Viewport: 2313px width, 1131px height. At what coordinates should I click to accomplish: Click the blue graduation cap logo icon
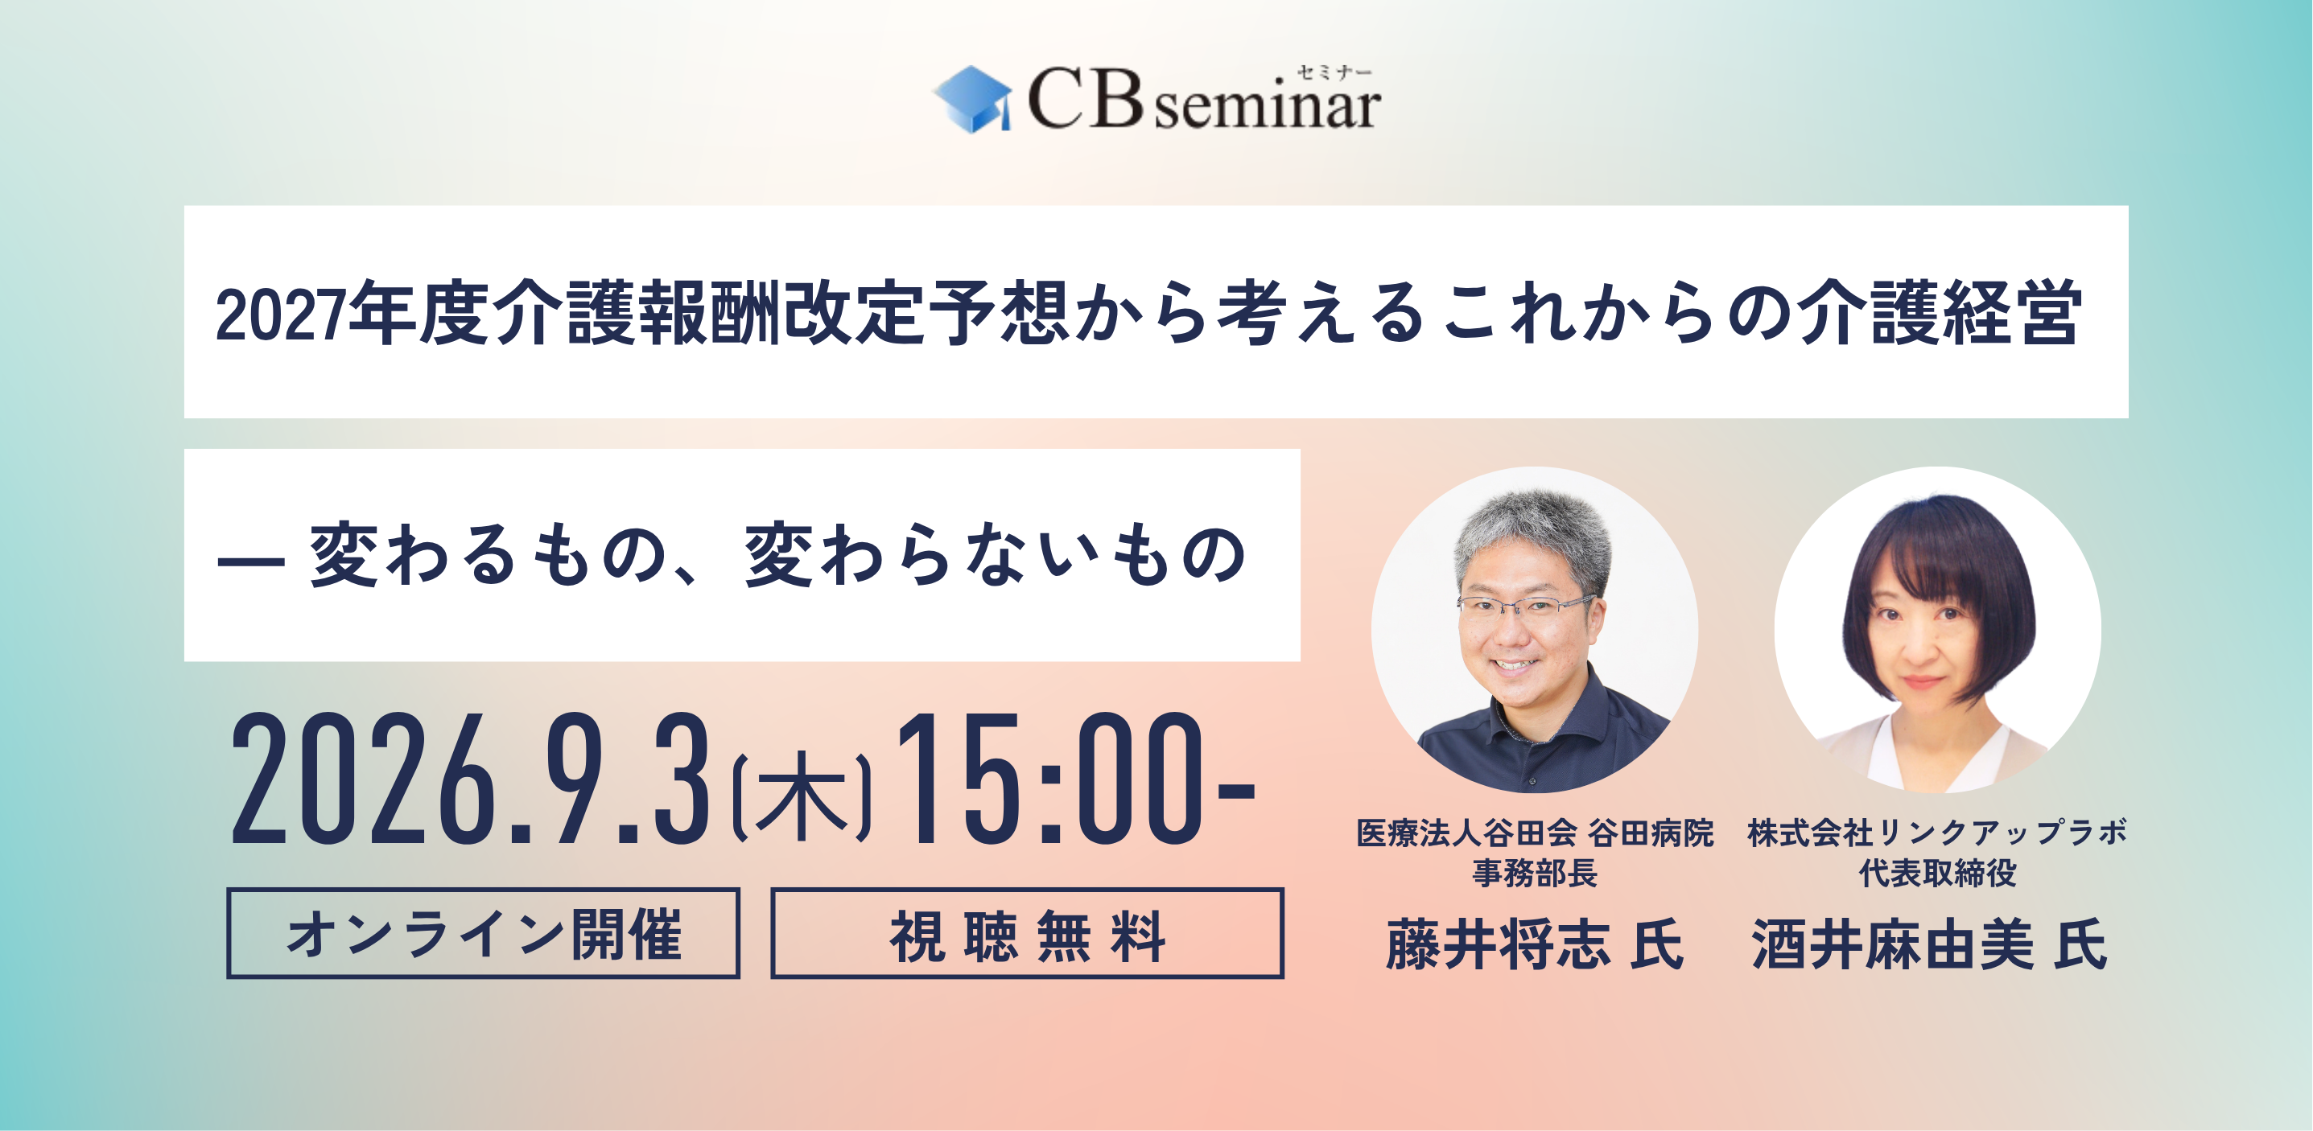pos(972,100)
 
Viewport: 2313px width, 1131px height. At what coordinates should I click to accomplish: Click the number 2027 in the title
pos(280,315)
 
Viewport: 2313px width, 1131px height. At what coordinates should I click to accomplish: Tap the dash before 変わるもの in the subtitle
pos(250,561)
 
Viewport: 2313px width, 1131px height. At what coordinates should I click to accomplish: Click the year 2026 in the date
pos(365,777)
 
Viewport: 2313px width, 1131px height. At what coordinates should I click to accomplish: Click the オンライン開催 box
pos(483,932)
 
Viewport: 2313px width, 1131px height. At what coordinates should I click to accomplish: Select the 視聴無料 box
pos(1027,932)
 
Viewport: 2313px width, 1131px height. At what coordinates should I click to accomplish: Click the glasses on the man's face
pos(1527,607)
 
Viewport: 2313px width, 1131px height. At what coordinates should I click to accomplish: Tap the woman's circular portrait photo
pos(1937,629)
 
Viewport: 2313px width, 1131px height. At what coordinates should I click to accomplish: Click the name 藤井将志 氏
pos(1535,944)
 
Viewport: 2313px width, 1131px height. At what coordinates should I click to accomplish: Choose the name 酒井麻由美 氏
pos(1928,944)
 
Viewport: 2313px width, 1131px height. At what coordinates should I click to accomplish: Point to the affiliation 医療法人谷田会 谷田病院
pos(1535,833)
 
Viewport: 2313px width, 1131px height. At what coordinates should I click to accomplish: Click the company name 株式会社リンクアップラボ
pos(1937,833)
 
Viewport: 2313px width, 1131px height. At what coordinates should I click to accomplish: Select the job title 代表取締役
pos(1937,873)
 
